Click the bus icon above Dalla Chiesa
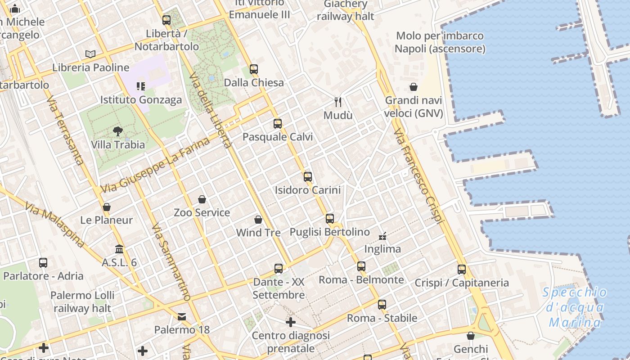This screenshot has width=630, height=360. pos(254,69)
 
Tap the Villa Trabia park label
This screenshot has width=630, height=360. pos(118,144)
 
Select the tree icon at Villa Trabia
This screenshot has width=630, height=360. pos(118,131)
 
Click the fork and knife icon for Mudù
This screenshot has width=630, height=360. pos(338,102)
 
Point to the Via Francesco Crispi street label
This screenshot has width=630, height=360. pos(418,176)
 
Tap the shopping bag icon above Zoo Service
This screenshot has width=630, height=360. pos(202,199)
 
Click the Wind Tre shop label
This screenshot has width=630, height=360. pos(258,233)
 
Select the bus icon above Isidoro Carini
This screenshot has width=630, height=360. pos(308,177)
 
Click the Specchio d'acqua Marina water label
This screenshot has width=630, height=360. pos(575,307)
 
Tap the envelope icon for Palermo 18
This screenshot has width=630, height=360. pos(182,317)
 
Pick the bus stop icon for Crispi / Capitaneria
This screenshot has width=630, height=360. pos(462,270)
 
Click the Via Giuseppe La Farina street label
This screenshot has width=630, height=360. pos(156,165)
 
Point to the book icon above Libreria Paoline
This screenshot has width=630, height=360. pos(90,54)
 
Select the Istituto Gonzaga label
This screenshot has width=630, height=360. pos(141,99)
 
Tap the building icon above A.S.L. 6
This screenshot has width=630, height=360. pos(119,249)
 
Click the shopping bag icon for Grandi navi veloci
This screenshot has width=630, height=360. pos(414,87)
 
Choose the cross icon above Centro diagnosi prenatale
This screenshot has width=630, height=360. pos(291,322)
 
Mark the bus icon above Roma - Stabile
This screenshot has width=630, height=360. pos(382,305)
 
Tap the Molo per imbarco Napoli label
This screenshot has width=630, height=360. pos(440,42)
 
